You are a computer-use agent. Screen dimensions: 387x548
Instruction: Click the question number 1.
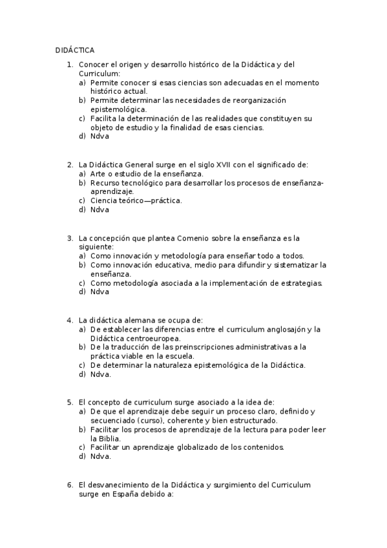[x=69, y=65]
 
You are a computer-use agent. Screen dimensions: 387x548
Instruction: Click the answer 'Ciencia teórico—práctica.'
[x=136, y=200]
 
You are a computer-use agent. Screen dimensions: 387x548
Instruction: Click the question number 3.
[x=69, y=238]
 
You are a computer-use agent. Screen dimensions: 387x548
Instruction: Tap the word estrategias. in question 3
[x=302, y=282]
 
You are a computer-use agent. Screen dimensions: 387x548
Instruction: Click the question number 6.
[x=69, y=484]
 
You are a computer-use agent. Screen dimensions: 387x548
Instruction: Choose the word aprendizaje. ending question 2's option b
[x=112, y=191]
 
